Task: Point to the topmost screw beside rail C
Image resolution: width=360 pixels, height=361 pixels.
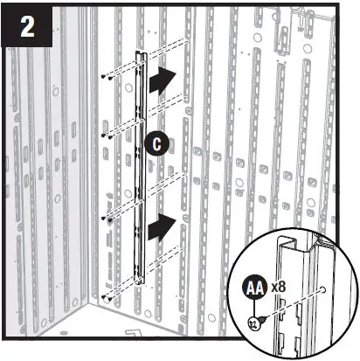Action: tap(104, 78)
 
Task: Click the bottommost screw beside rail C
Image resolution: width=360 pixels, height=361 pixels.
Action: tap(104, 297)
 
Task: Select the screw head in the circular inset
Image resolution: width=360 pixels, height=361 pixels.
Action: tap(253, 323)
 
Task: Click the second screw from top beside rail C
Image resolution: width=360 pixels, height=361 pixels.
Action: tap(104, 136)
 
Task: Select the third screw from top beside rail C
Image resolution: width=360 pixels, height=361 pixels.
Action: tap(104, 216)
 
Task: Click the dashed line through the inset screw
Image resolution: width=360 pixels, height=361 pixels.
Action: tap(288, 306)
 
